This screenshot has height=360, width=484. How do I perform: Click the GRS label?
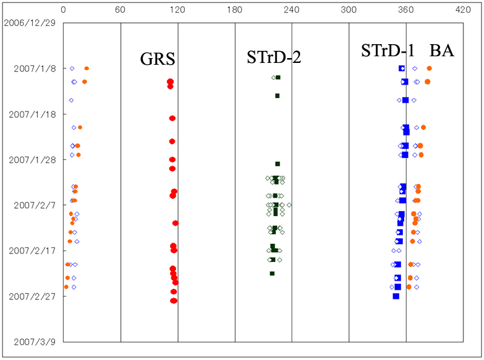tap(158, 59)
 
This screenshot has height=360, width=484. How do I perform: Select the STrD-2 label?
tap(273, 58)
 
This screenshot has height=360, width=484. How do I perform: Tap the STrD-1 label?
tap(387, 51)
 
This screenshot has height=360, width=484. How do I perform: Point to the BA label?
tap(442, 51)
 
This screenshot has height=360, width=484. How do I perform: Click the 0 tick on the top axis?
tap(64, 10)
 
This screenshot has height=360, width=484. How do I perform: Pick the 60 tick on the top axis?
tap(120, 10)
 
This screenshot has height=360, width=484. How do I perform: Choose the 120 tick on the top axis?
tap(177, 10)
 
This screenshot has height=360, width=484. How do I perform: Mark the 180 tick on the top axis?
tap(235, 10)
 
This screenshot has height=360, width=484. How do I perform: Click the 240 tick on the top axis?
tap(292, 10)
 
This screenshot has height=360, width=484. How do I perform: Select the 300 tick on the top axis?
tap(348, 10)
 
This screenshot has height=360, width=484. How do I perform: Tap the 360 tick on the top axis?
tap(406, 10)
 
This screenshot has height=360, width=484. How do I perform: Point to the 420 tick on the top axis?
tap(463, 10)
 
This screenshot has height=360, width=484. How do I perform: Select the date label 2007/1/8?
tap(35, 68)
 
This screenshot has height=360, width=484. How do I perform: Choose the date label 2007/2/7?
tap(35, 205)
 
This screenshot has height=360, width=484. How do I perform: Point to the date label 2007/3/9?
tap(35, 342)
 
